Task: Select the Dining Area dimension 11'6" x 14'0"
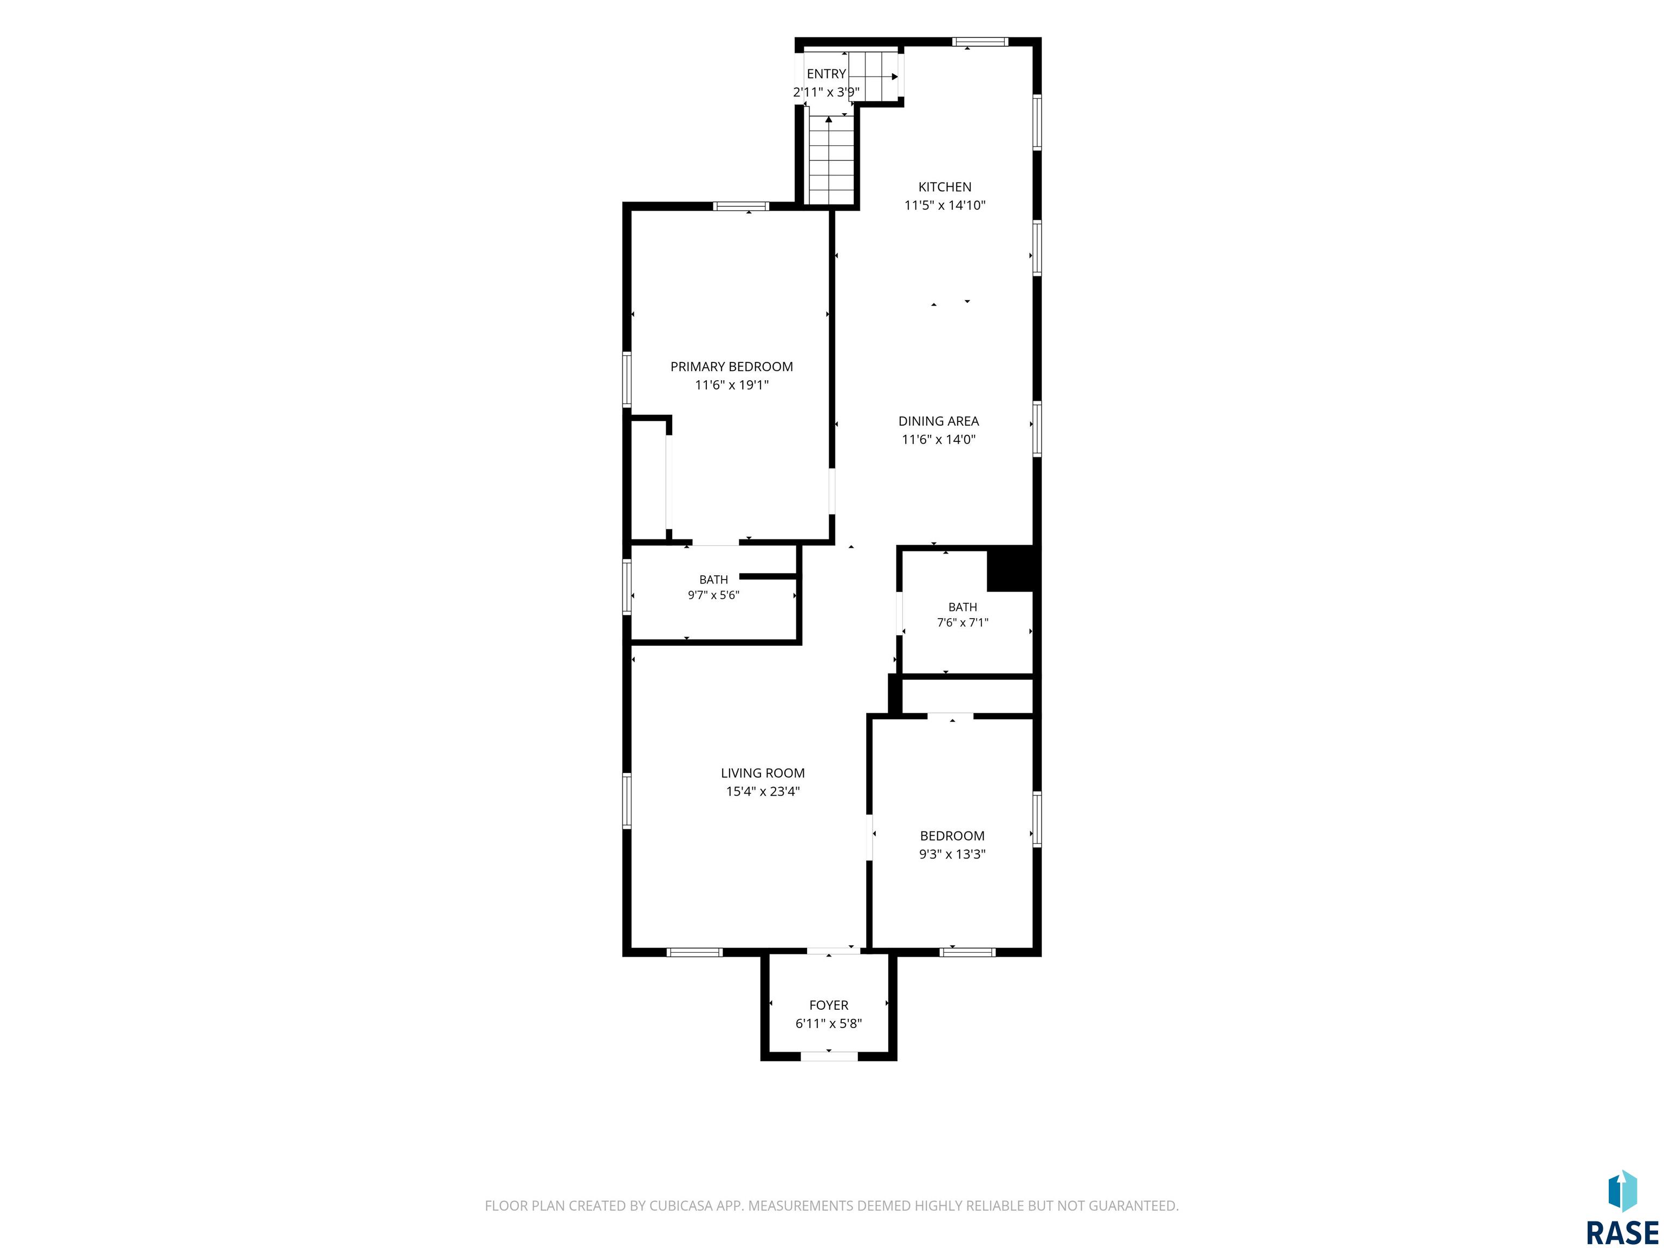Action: pyautogui.click(x=939, y=440)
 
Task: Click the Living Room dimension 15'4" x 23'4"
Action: pyautogui.click(x=763, y=791)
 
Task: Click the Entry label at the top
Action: pyautogui.click(x=826, y=74)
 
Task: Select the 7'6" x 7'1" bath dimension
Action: pyautogui.click(x=962, y=623)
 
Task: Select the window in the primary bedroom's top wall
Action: pyautogui.click(x=741, y=206)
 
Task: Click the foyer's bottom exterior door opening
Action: pyautogui.click(x=829, y=1056)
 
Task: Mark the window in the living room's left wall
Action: pyautogui.click(x=627, y=801)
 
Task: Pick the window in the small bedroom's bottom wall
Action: pyautogui.click(x=967, y=952)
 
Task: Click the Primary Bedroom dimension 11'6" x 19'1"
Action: pyautogui.click(x=731, y=385)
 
